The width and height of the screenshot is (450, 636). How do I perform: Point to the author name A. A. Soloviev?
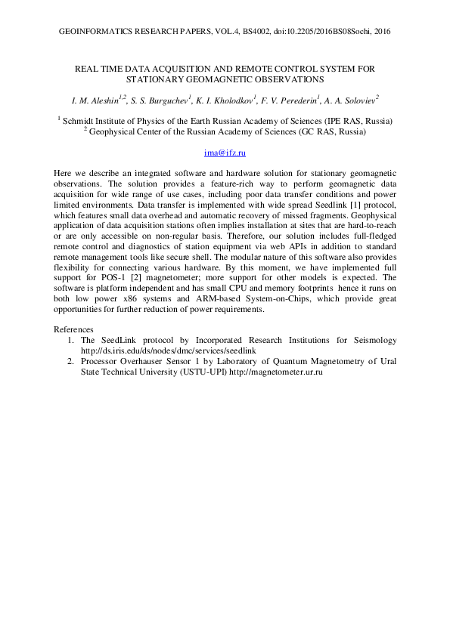352,98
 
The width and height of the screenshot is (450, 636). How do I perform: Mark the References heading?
74,329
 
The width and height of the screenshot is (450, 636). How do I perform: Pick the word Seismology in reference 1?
364,340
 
